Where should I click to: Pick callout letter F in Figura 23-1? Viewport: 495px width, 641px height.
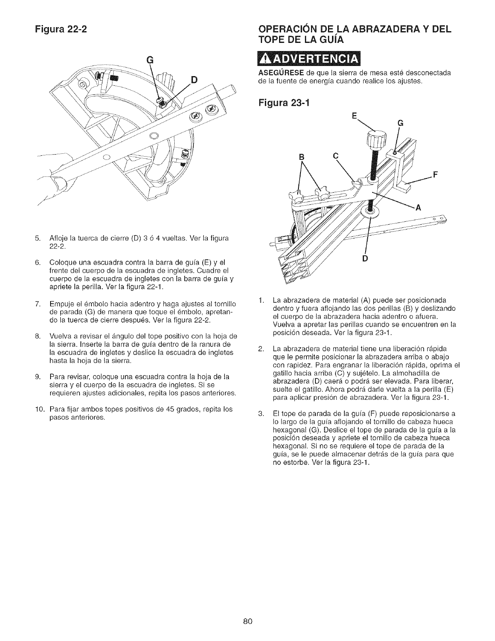point(436,175)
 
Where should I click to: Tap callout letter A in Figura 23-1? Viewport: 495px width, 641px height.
point(419,208)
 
